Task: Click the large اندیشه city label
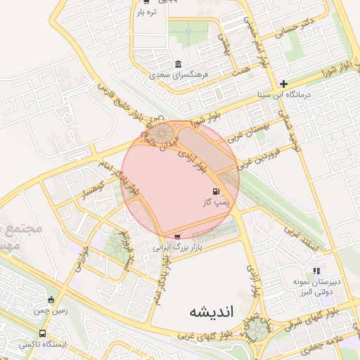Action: pyautogui.click(x=208, y=310)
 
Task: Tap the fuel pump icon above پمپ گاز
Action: pyautogui.click(x=214, y=191)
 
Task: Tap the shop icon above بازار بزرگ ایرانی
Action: pyautogui.click(x=176, y=236)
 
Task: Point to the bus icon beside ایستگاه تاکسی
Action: pyautogui.click(x=43, y=334)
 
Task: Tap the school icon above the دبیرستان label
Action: pyautogui.click(x=316, y=271)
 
